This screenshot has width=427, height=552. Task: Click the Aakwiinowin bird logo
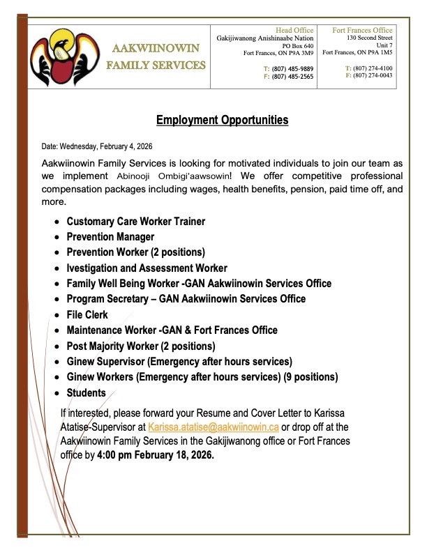tap(59, 56)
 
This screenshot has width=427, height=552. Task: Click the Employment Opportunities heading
tap(212, 121)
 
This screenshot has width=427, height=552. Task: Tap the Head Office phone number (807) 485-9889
tap(293, 68)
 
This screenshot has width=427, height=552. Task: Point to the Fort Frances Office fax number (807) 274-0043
tap(376, 75)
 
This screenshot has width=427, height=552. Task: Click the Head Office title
tap(294, 31)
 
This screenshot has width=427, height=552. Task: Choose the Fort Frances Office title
tap(362, 31)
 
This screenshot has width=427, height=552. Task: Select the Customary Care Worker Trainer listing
tap(135, 222)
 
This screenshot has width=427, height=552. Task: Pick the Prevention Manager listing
tap(110, 237)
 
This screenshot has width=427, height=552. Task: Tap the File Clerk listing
tap(87, 315)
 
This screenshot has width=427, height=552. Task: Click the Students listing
tap(87, 393)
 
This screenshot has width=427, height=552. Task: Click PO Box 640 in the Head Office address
tap(298, 45)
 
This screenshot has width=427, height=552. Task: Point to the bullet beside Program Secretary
tap(57, 300)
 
